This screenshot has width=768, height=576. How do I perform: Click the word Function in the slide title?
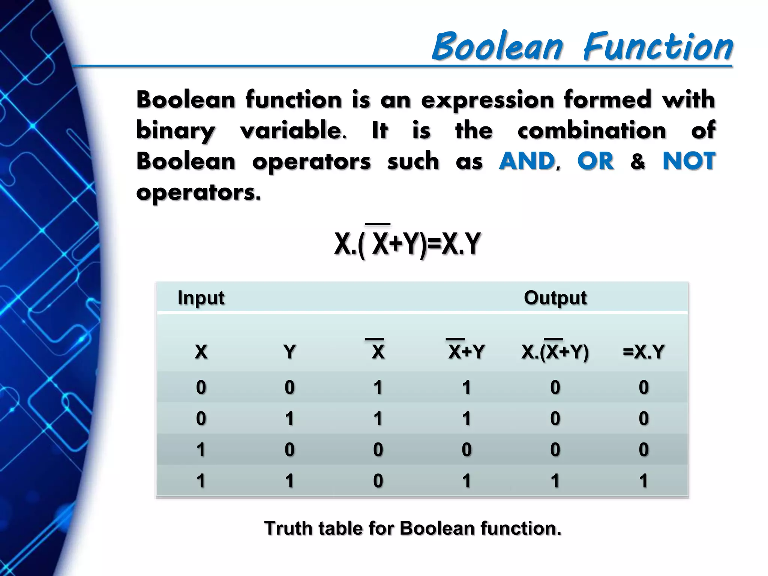(658, 46)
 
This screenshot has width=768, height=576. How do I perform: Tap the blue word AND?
(527, 161)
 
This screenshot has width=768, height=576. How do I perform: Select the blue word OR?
(595, 161)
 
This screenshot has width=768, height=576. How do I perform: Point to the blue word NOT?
(689, 161)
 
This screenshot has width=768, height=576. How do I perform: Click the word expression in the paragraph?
(487, 100)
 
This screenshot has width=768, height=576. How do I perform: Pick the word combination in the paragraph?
(592, 131)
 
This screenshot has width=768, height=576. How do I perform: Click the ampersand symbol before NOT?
(638, 162)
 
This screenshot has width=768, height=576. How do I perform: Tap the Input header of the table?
(201, 298)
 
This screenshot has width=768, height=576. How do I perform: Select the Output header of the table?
(555, 298)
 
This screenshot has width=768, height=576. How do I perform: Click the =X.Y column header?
(643, 352)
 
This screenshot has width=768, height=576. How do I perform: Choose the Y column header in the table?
(289, 352)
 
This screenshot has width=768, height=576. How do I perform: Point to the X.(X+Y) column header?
(555, 352)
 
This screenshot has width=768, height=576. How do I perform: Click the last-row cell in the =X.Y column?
(643, 481)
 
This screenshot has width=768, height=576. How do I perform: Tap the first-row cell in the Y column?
(289, 387)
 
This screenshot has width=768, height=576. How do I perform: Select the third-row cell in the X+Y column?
(466, 450)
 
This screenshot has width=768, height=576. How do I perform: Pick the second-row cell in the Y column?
(289, 418)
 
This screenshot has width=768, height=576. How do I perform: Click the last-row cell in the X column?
(201, 481)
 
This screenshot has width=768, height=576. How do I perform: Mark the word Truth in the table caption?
(288, 528)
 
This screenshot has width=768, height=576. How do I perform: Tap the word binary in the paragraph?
(175, 131)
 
